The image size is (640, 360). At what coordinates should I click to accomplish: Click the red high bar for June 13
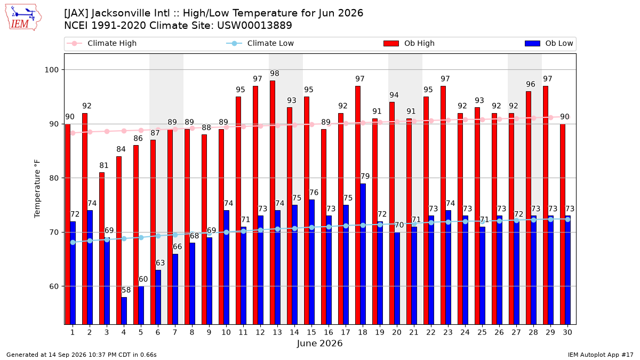[273, 203]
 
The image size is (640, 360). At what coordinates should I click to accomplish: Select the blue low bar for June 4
[124, 311]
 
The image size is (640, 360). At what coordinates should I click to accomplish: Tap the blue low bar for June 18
[363, 254]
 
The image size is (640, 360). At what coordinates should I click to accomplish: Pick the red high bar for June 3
[102, 249]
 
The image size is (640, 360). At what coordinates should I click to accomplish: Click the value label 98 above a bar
[275, 74]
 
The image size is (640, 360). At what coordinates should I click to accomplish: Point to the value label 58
[126, 290]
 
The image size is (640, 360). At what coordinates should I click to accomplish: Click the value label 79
[365, 177]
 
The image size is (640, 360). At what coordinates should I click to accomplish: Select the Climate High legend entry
[102, 43]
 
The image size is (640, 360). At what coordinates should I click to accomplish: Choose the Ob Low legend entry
[549, 43]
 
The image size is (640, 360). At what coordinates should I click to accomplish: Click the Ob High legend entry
[409, 43]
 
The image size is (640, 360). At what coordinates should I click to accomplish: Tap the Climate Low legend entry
[260, 43]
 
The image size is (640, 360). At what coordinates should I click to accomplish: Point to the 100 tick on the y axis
[51, 70]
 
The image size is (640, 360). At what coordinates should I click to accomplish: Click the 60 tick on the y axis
[54, 286]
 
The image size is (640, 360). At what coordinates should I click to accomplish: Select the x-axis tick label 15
[311, 333]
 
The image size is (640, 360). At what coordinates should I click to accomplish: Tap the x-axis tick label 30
[567, 333]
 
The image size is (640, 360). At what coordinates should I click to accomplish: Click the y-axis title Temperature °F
[37, 189]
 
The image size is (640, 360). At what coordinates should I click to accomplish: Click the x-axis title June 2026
[319, 343]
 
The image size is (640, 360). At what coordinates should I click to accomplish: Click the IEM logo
[23, 18]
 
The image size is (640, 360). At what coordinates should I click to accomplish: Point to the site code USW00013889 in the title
[254, 26]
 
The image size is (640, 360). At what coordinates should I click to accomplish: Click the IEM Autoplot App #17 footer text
[601, 355]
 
